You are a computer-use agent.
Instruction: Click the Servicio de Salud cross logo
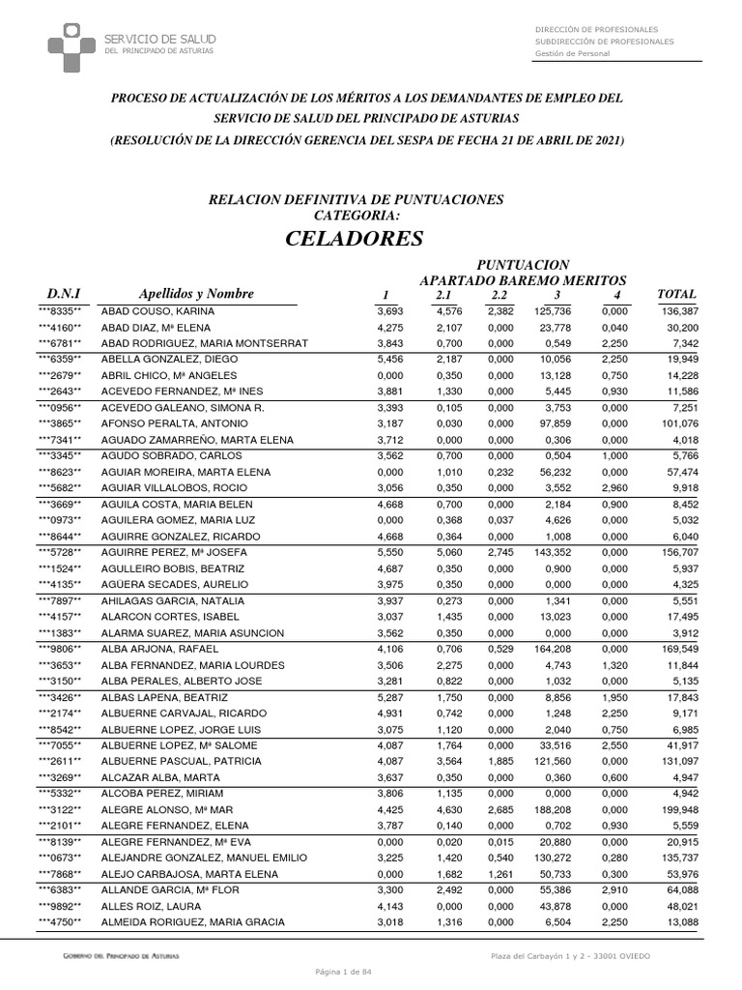(x=71, y=44)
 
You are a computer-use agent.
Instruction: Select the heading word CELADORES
(x=355, y=238)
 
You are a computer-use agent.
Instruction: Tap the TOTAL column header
(x=675, y=294)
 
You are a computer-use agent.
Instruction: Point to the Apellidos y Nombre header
(x=196, y=294)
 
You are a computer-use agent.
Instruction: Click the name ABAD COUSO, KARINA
(x=157, y=311)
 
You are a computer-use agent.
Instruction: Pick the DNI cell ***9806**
(x=60, y=649)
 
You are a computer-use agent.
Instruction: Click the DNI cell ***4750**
(x=60, y=923)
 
